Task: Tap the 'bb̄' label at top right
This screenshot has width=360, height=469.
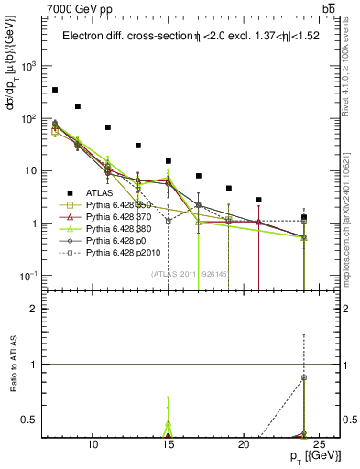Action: (328, 8)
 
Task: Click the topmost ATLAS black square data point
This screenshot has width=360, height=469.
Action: (55, 90)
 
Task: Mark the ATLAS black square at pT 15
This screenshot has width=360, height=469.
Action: (169, 161)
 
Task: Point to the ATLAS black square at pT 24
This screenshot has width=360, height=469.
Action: (304, 217)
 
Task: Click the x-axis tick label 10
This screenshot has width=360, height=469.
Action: (93, 446)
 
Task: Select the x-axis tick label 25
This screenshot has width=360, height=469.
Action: (319, 446)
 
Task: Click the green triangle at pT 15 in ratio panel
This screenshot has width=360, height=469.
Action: (169, 425)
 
